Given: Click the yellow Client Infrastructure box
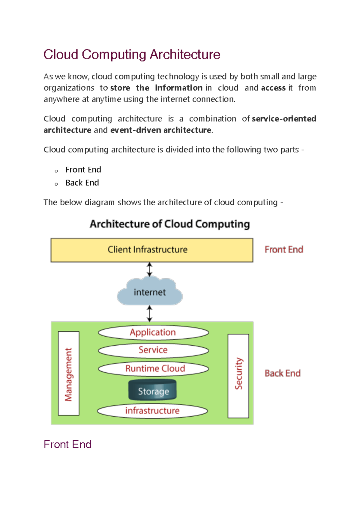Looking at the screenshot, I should click(152, 250).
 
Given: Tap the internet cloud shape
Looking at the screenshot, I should click(150, 292).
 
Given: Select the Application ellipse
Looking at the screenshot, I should click(153, 332).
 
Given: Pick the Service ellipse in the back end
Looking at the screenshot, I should click(153, 350).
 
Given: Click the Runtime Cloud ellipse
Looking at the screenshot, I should click(153, 368).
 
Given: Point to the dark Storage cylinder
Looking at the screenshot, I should click(153, 390).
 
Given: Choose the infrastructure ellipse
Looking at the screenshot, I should click(152, 411).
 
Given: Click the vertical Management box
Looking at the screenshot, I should click(69, 374).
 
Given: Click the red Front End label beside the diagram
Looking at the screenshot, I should click(284, 250).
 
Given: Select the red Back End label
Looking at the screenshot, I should click(283, 373).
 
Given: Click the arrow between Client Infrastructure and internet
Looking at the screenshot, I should click(149, 269).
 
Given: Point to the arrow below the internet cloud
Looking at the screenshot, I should click(149, 314).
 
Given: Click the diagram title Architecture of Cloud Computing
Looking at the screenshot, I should click(170, 224).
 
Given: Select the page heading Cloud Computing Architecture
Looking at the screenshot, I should click(132, 55).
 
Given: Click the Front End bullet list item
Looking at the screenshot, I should click(83, 170).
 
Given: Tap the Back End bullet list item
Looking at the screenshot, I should click(82, 183).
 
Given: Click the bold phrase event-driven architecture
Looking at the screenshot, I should click(161, 130).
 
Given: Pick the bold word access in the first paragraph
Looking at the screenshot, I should click(273, 88).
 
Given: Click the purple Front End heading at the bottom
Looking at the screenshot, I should click(67, 444).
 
